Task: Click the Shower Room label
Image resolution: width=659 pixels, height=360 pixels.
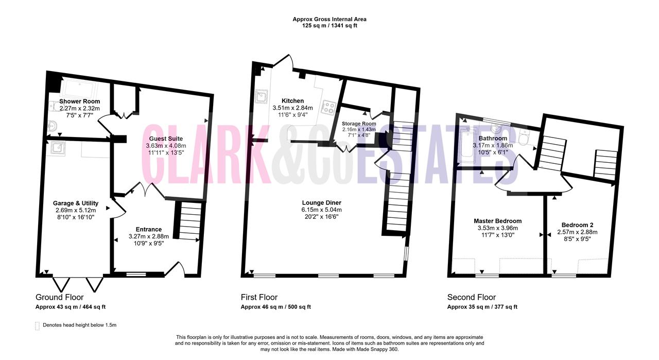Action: pos(79,101)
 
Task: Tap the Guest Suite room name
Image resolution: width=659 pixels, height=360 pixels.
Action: pos(166,139)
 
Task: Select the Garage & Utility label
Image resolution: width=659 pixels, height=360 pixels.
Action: pos(76,203)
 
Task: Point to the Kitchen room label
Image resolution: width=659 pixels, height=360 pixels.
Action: pos(293,100)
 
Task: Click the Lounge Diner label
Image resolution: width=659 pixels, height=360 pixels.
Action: pos(322,202)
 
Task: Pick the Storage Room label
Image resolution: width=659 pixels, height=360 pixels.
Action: pos(359,124)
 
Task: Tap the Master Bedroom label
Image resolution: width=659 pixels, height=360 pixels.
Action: pos(498,221)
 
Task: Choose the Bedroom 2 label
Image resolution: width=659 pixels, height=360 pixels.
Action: pos(577,225)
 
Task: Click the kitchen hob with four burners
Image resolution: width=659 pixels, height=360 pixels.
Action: pos(328,108)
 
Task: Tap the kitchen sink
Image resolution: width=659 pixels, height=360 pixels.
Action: pos(261,96)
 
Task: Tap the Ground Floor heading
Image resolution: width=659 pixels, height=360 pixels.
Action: pos(59,297)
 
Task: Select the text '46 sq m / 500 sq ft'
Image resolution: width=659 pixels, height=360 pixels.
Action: pos(286,307)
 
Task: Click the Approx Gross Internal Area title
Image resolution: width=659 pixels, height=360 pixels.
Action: pos(329,19)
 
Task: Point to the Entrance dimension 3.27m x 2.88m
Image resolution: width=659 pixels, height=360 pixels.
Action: pos(149,236)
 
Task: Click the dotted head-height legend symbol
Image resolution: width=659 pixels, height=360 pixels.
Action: pos(38,326)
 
